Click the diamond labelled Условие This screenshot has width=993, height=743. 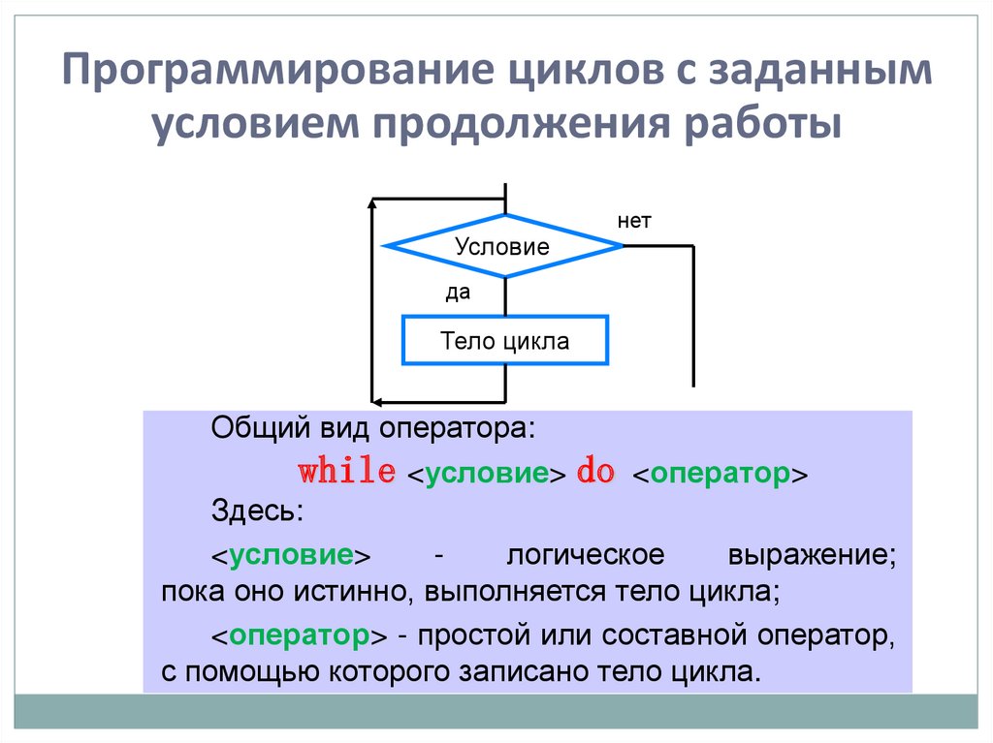tap(502, 246)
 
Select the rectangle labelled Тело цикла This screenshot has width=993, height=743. tap(504, 340)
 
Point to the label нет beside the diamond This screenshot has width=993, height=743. tap(634, 222)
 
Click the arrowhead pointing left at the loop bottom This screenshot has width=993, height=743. tap(377, 400)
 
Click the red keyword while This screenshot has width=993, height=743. tap(346, 474)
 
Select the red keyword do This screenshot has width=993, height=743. tap(595, 474)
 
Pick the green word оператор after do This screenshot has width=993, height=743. tap(718, 475)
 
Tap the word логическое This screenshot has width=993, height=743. tap(585, 556)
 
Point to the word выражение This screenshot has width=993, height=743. tap(808, 556)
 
